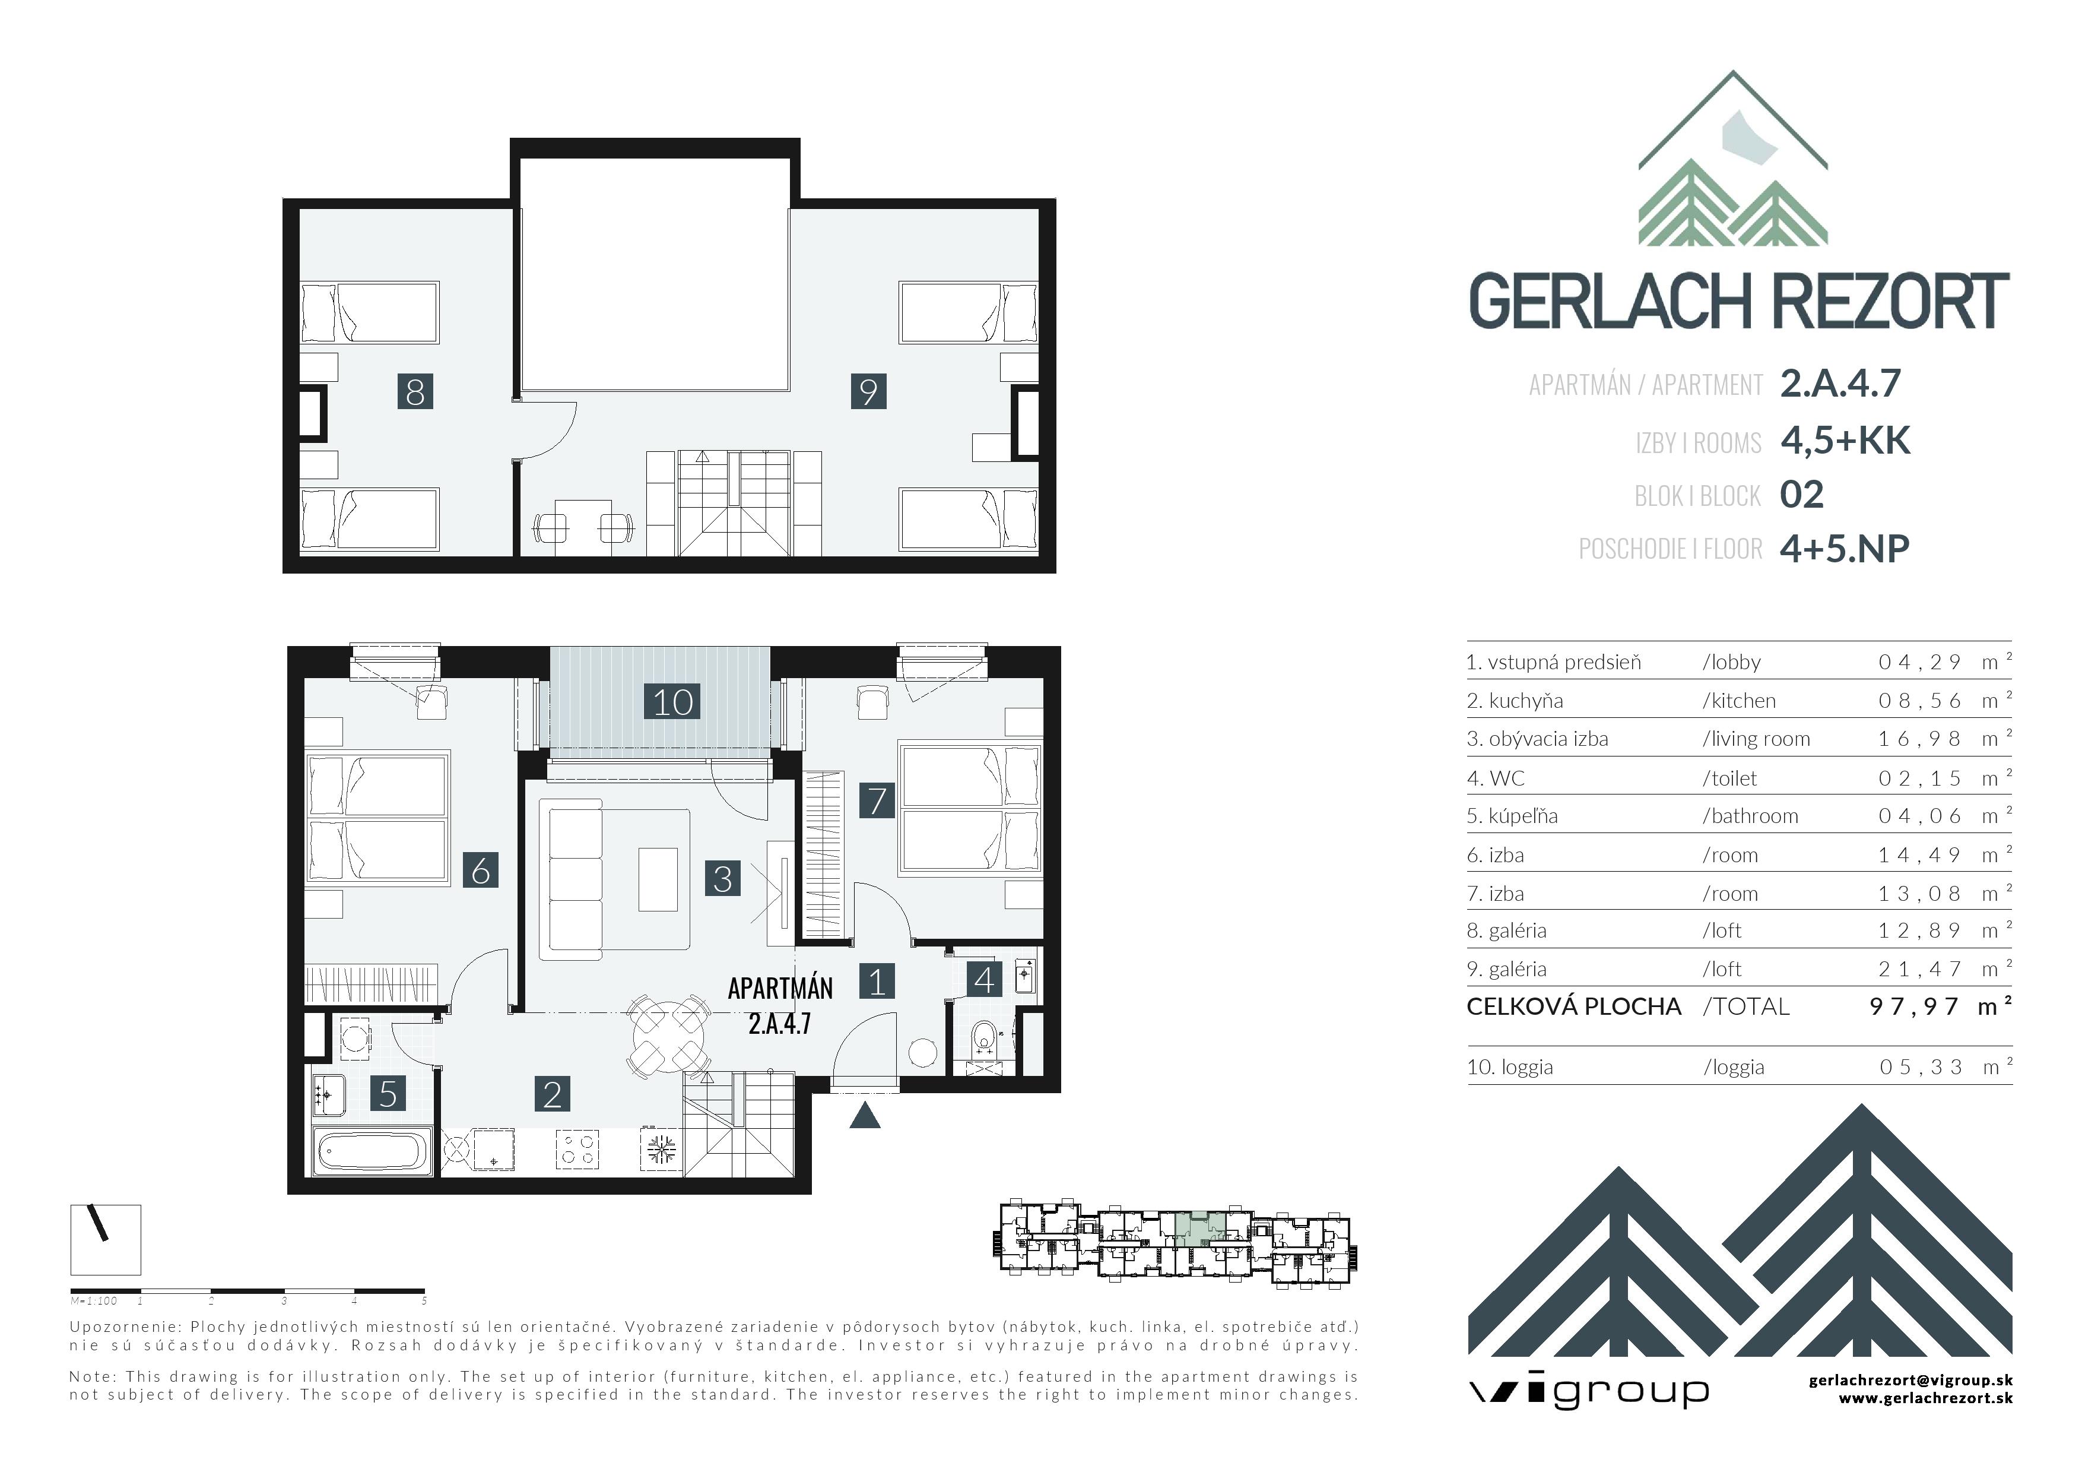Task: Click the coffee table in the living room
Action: pyautogui.click(x=658, y=879)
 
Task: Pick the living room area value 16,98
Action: pyautogui.click(x=1920, y=739)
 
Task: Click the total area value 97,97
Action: pyautogui.click(x=1913, y=1006)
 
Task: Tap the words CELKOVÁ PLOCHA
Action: pyautogui.click(x=1573, y=1006)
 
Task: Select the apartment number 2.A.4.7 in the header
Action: pyautogui.click(x=1840, y=383)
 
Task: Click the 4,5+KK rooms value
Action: pyautogui.click(x=1845, y=440)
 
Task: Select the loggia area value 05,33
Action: pyautogui.click(x=1921, y=1068)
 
